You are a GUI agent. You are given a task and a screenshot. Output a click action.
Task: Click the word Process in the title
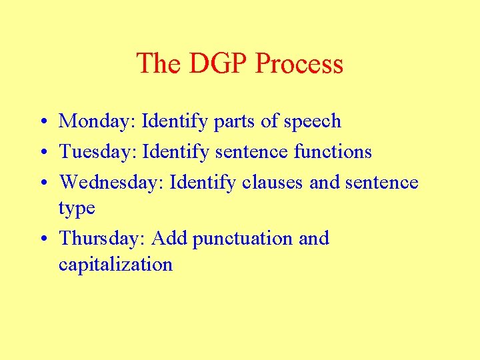coord(299,64)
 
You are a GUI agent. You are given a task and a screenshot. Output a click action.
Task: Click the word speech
coord(312,122)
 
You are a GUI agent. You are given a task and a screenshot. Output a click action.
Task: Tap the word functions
coord(333,152)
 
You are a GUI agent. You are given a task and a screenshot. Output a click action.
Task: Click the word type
coord(77,209)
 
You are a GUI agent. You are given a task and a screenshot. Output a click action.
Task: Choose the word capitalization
coord(115,265)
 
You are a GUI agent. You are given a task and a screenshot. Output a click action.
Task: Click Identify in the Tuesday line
coord(179,152)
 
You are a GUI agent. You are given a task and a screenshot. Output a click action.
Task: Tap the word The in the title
coord(159,64)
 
